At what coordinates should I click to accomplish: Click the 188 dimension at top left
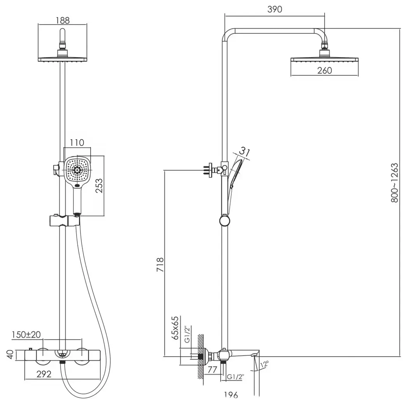coord(63,20)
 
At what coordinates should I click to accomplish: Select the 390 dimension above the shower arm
coord(274,9)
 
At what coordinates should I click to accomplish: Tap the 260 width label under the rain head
coord(324,70)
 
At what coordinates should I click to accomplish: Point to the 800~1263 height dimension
coord(395,183)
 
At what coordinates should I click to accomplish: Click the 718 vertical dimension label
coord(160,265)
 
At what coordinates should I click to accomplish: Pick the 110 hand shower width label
coord(77,142)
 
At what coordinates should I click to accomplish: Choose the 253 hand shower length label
coord(99,185)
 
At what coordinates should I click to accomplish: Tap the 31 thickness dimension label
coord(244,152)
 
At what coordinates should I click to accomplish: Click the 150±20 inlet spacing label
coord(26,334)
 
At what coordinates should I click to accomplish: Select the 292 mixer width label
coord(44,374)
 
